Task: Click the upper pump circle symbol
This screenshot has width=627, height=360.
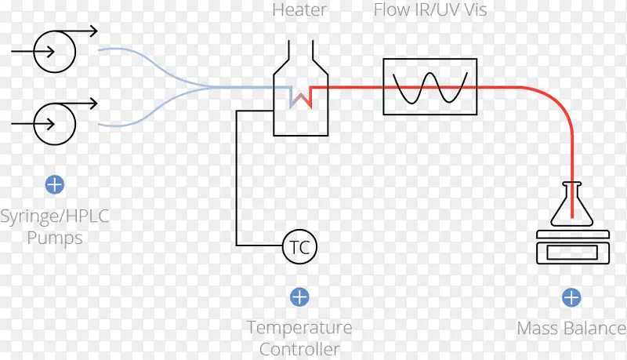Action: coord(54,51)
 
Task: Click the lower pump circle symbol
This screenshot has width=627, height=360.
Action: coord(54,124)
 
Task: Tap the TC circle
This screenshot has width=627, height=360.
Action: coord(299,248)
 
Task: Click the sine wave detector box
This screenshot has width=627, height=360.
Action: coord(429,87)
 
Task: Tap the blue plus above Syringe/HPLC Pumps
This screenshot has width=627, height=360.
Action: coord(54,185)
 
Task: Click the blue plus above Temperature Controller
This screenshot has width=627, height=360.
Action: coord(299,297)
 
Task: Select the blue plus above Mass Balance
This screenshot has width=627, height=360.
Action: coord(571,297)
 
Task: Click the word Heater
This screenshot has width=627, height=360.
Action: coord(299,10)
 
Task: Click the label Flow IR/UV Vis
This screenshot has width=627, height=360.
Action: coord(429,10)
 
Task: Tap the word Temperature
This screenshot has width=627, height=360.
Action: coord(299,327)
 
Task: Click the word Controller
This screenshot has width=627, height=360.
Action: coord(299,349)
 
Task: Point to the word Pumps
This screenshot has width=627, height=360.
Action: coord(54,238)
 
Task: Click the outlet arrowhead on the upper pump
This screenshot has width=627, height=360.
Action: coord(93,31)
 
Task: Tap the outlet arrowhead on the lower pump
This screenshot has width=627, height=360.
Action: coord(93,104)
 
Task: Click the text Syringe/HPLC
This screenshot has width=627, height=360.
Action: coord(54,216)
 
